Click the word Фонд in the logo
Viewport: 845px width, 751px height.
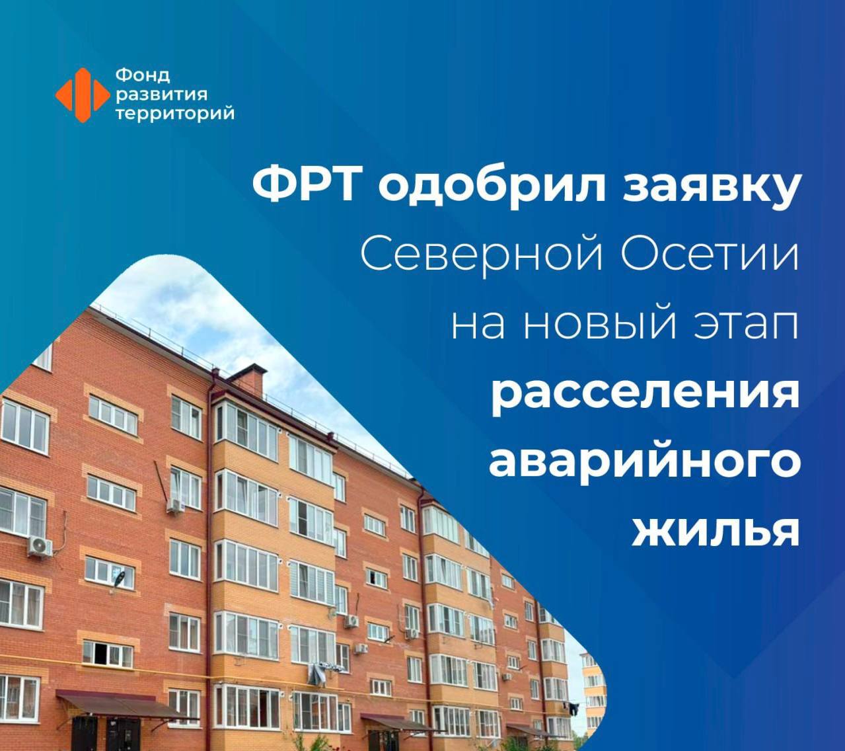(x=143, y=76)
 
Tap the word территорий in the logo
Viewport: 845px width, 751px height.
(x=175, y=113)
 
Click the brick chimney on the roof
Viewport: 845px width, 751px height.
(x=248, y=379)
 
